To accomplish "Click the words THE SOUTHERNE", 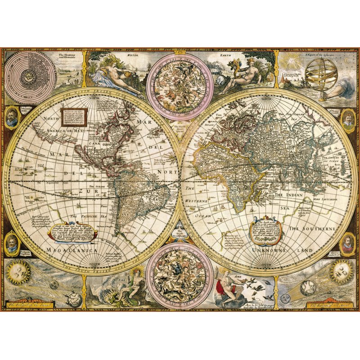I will (312, 229).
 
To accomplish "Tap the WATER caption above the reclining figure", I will (132, 55).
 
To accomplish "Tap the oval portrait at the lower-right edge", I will (348, 243).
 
